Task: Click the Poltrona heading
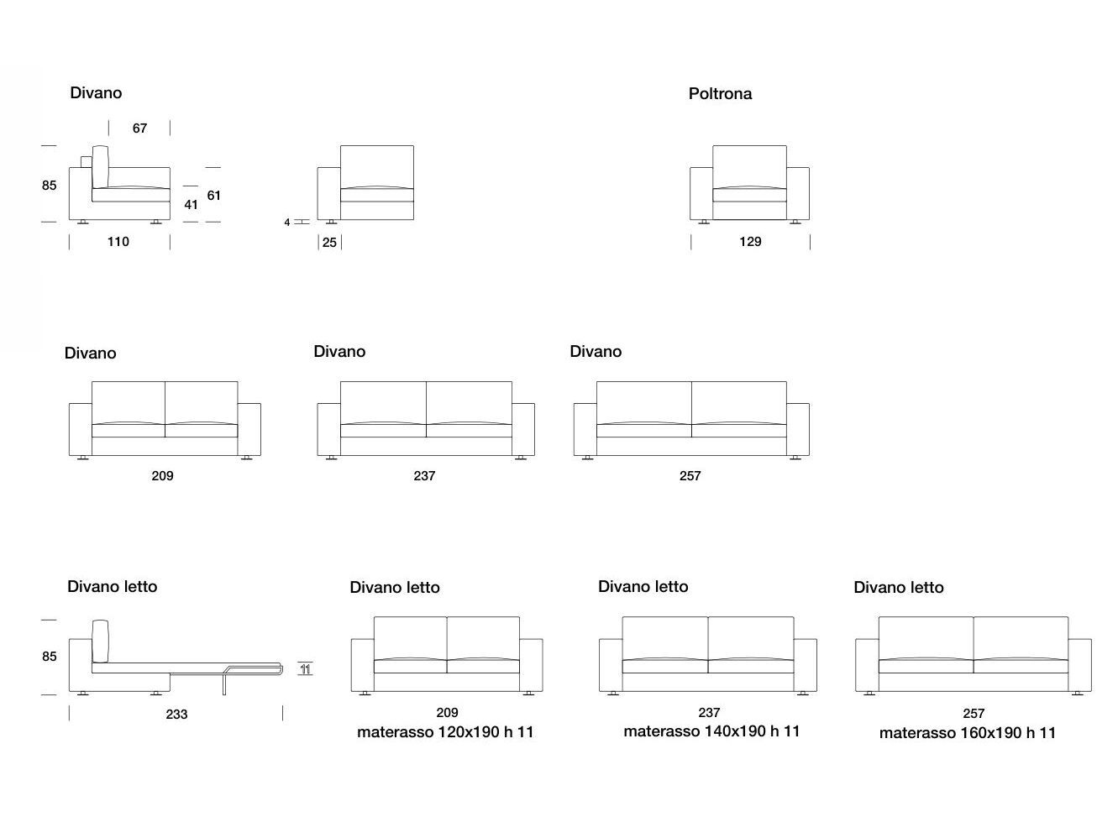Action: [x=720, y=94]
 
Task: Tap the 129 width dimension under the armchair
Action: [x=750, y=242]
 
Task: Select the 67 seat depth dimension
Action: [x=139, y=128]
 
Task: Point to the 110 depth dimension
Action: [x=118, y=242]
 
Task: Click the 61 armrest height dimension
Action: [x=214, y=196]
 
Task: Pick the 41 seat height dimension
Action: [x=191, y=204]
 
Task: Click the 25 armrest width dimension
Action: [x=329, y=243]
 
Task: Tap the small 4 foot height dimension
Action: [x=287, y=223]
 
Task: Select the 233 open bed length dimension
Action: [x=176, y=715]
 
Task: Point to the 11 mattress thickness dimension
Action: [x=306, y=669]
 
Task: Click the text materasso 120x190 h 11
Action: [x=445, y=732]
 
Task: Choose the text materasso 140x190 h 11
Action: [x=711, y=731]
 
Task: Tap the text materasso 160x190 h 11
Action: [x=968, y=733]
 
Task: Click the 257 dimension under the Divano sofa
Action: [x=690, y=476]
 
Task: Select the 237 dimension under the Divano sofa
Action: [x=424, y=476]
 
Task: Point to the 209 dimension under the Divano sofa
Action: [x=162, y=476]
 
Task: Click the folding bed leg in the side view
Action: [x=224, y=684]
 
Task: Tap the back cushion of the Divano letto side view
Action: [x=102, y=641]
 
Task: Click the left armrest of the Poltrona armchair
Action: [x=701, y=194]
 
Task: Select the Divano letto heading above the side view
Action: [x=112, y=587]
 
